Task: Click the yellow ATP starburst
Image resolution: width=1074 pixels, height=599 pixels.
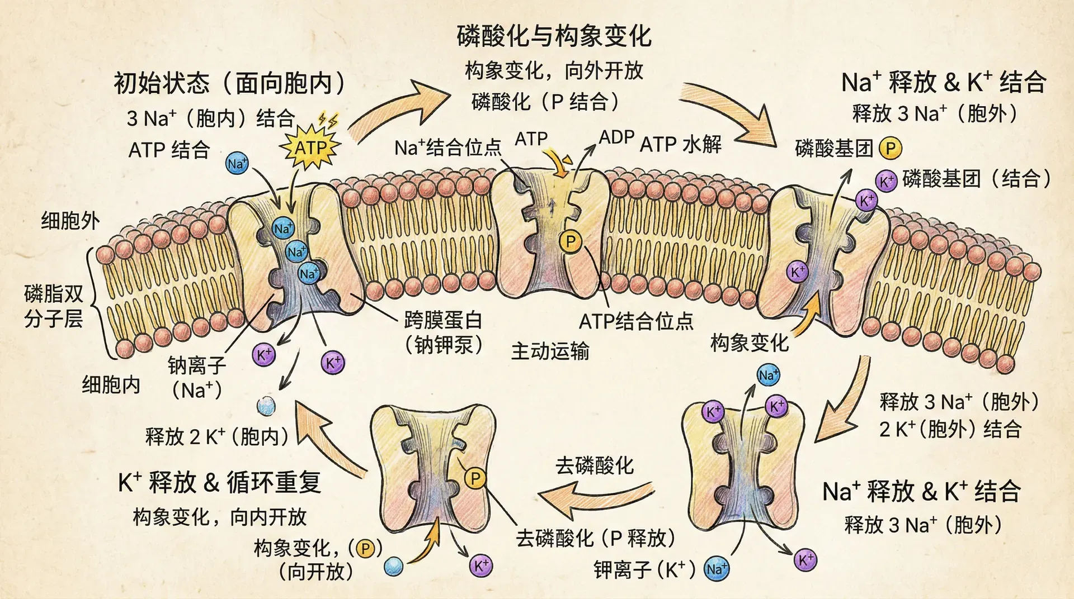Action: [x=311, y=148]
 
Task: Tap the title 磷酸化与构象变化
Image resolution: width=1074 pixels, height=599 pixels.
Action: [x=554, y=36]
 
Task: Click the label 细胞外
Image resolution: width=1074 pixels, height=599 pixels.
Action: [x=70, y=221]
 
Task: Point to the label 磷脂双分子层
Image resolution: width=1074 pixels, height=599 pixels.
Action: [x=54, y=306]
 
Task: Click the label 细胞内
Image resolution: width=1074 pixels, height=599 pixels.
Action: [x=111, y=385]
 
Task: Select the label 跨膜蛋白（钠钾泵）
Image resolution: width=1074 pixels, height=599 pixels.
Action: [x=443, y=332]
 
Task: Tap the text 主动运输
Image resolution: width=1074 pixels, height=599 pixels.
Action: [x=550, y=351]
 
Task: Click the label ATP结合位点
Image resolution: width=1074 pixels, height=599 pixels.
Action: [x=636, y=321]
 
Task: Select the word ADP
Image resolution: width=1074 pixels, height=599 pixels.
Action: [x=616, y=137]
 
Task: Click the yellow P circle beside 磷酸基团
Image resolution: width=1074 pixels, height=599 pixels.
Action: [x=891, y=149]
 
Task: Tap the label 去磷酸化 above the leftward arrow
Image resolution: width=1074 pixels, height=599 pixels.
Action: [x=594, y=465]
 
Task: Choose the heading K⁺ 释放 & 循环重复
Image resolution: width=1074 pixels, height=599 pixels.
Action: [x=219, y=482]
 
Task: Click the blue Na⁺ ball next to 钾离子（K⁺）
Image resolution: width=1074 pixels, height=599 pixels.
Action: [x=717, y=569]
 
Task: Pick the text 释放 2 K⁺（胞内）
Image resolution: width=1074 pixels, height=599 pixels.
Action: [x=216, y=436]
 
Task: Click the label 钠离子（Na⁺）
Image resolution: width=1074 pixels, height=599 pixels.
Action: [x=197, y=378]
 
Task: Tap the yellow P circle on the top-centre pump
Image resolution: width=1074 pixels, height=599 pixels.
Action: [x=571, y=242]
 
